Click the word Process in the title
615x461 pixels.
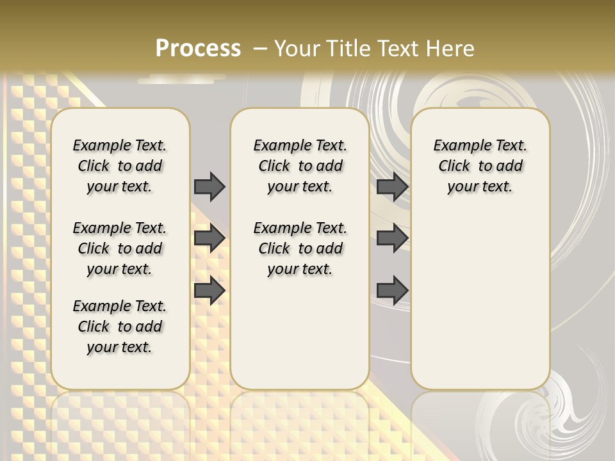[x=198, y=49]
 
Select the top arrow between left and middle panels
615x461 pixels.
[x=209, y=186]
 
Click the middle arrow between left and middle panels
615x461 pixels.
[x=209, y=238]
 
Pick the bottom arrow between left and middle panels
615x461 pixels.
[x=209, y=290]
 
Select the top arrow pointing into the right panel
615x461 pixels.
[x=392, y=186]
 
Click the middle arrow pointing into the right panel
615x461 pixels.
[x=392, y=238]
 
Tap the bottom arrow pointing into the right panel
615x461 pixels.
[x=392, y=290]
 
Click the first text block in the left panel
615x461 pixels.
[x=120, y=166]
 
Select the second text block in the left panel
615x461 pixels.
[x=120, y=248]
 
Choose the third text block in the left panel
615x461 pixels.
[x=120, y=327]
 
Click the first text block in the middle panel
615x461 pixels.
[x=300, y=166]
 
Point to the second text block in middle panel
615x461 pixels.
[x=300, y=248]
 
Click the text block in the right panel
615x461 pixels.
[x=480, y=166]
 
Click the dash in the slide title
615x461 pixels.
[x=259, y=49]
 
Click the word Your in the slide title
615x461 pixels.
[x=297, y=49]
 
